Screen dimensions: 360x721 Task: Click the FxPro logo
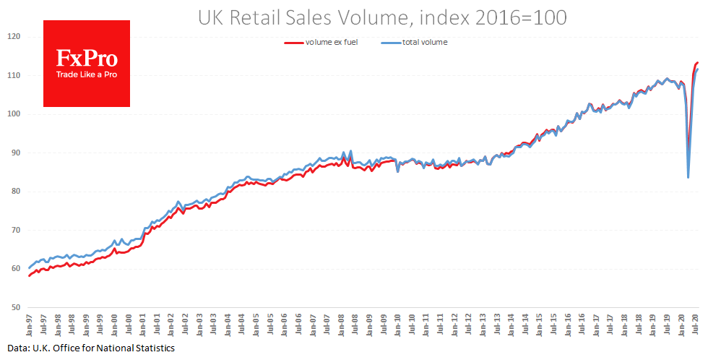(x=87, y=59)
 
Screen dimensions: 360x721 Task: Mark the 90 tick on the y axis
(x=15, y=153)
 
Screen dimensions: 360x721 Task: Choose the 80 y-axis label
(x=15, y=192)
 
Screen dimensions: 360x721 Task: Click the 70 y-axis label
(x=15, y=231)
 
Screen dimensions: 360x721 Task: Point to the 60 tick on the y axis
(x=15, y=269)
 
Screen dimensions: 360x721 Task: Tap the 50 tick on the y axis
(x=15, y=308)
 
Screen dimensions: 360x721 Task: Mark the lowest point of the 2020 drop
(x=688, y=177)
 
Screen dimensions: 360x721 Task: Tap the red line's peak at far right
(x=697, y=62)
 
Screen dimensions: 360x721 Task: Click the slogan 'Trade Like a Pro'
(x=87, y=74)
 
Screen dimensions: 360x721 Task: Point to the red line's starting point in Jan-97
(x=30, y=275)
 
